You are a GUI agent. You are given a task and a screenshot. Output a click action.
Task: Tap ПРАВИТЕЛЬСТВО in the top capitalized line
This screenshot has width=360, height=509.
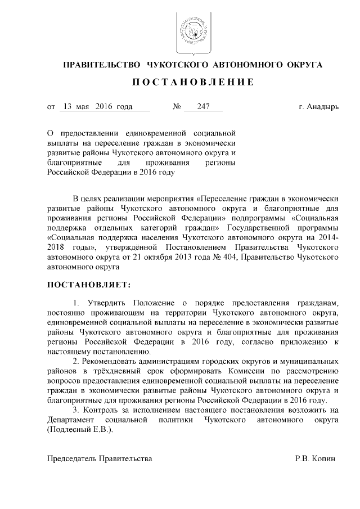tap(100, 65)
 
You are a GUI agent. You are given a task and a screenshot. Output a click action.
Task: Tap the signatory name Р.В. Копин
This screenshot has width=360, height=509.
tap(315, 458)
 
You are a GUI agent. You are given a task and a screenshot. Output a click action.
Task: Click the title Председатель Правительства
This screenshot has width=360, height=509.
tap(100, 458)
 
